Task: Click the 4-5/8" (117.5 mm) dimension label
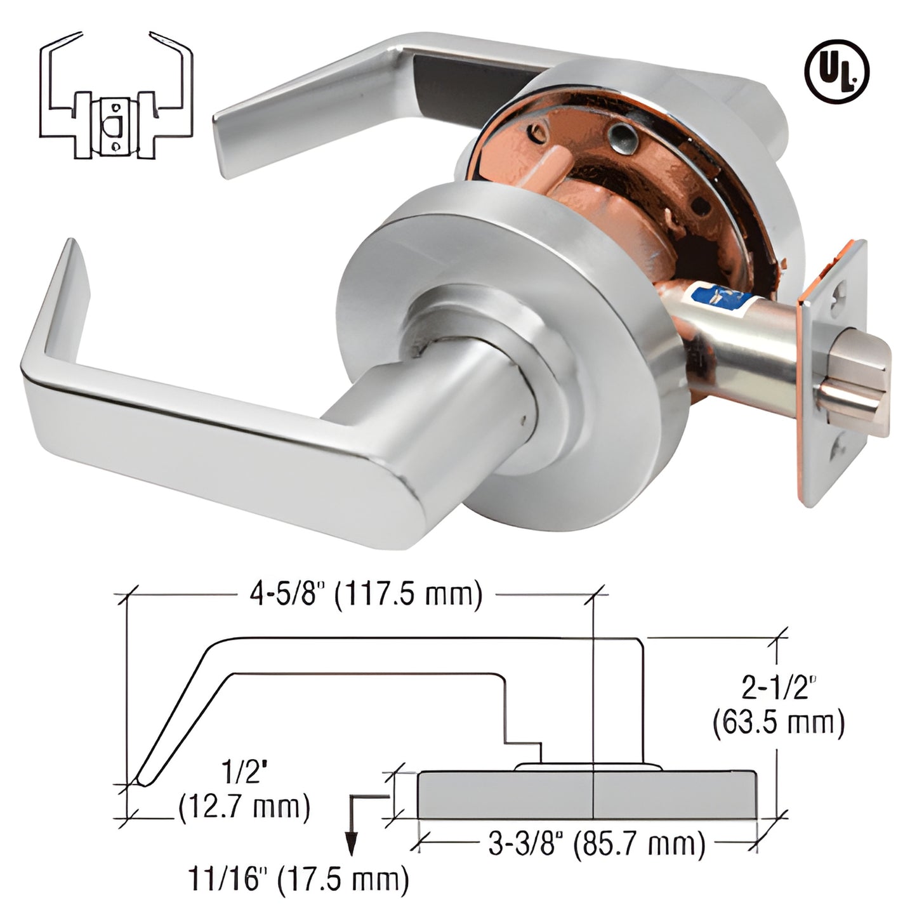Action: (x=364, y=595)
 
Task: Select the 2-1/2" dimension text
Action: (x=779, y=687)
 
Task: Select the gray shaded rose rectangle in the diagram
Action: (x=587, y=795)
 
